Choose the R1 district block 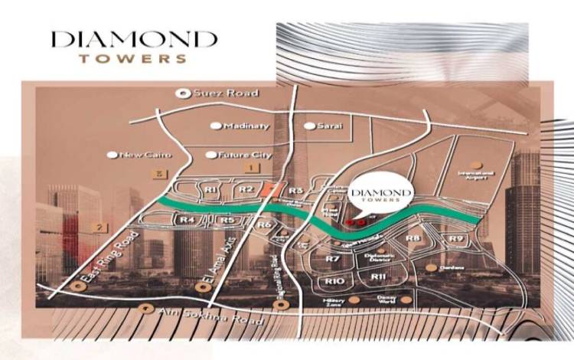[x=211, y=188]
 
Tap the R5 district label [x=227, y=221]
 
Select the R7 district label [x=332, y=260]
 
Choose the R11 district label [x=378, y=277]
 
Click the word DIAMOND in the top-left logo [x=133, y=39]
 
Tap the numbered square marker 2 [x=99, y=227]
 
